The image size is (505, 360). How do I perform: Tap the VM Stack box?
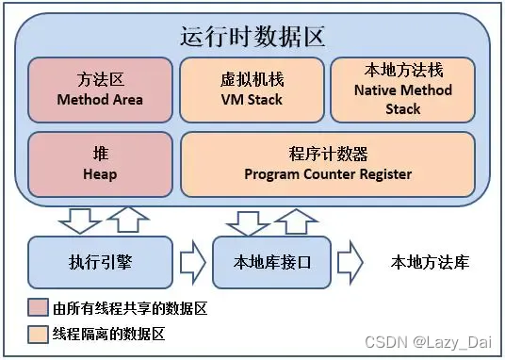pos(252,90)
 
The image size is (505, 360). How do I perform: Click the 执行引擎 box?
pos(100,262)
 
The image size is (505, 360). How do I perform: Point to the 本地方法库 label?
pos(429,262)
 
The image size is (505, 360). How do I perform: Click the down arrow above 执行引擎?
pos(80,221)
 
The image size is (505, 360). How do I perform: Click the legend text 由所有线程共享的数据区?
pos(129,307)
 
